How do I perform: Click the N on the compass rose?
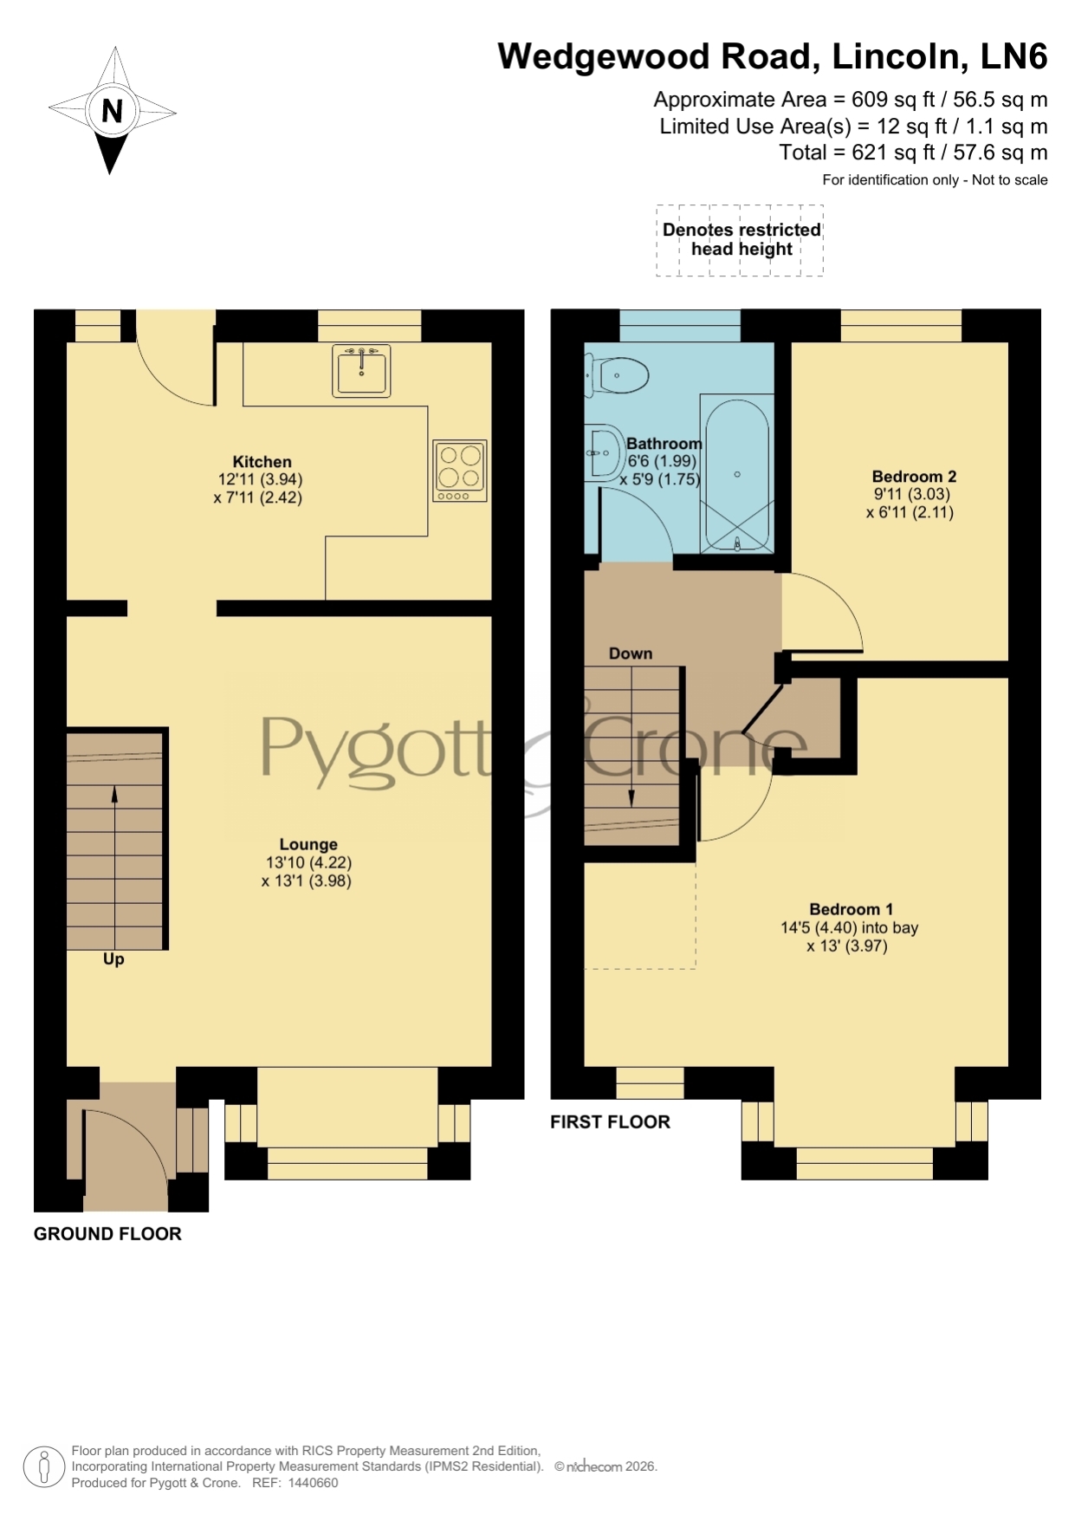tap(113, 111)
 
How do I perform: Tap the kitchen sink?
tap(362, 370)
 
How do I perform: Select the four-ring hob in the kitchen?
tap(460, 471)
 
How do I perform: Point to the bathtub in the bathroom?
tap(737, 474)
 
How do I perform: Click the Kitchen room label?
tap(262, 462)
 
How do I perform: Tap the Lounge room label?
tap(308, 844)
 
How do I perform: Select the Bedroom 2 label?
tap(914, 477)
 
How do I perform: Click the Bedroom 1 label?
tap(851, 909)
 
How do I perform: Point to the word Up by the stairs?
tap(113, 959)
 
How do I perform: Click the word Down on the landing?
tap(631, 653)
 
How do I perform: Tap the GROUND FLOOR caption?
tap(107, 1234)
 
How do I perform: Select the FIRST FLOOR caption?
tap(610, 1122)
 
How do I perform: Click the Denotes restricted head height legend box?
tap(740, 240)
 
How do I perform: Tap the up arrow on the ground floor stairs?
tap(115, 867)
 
